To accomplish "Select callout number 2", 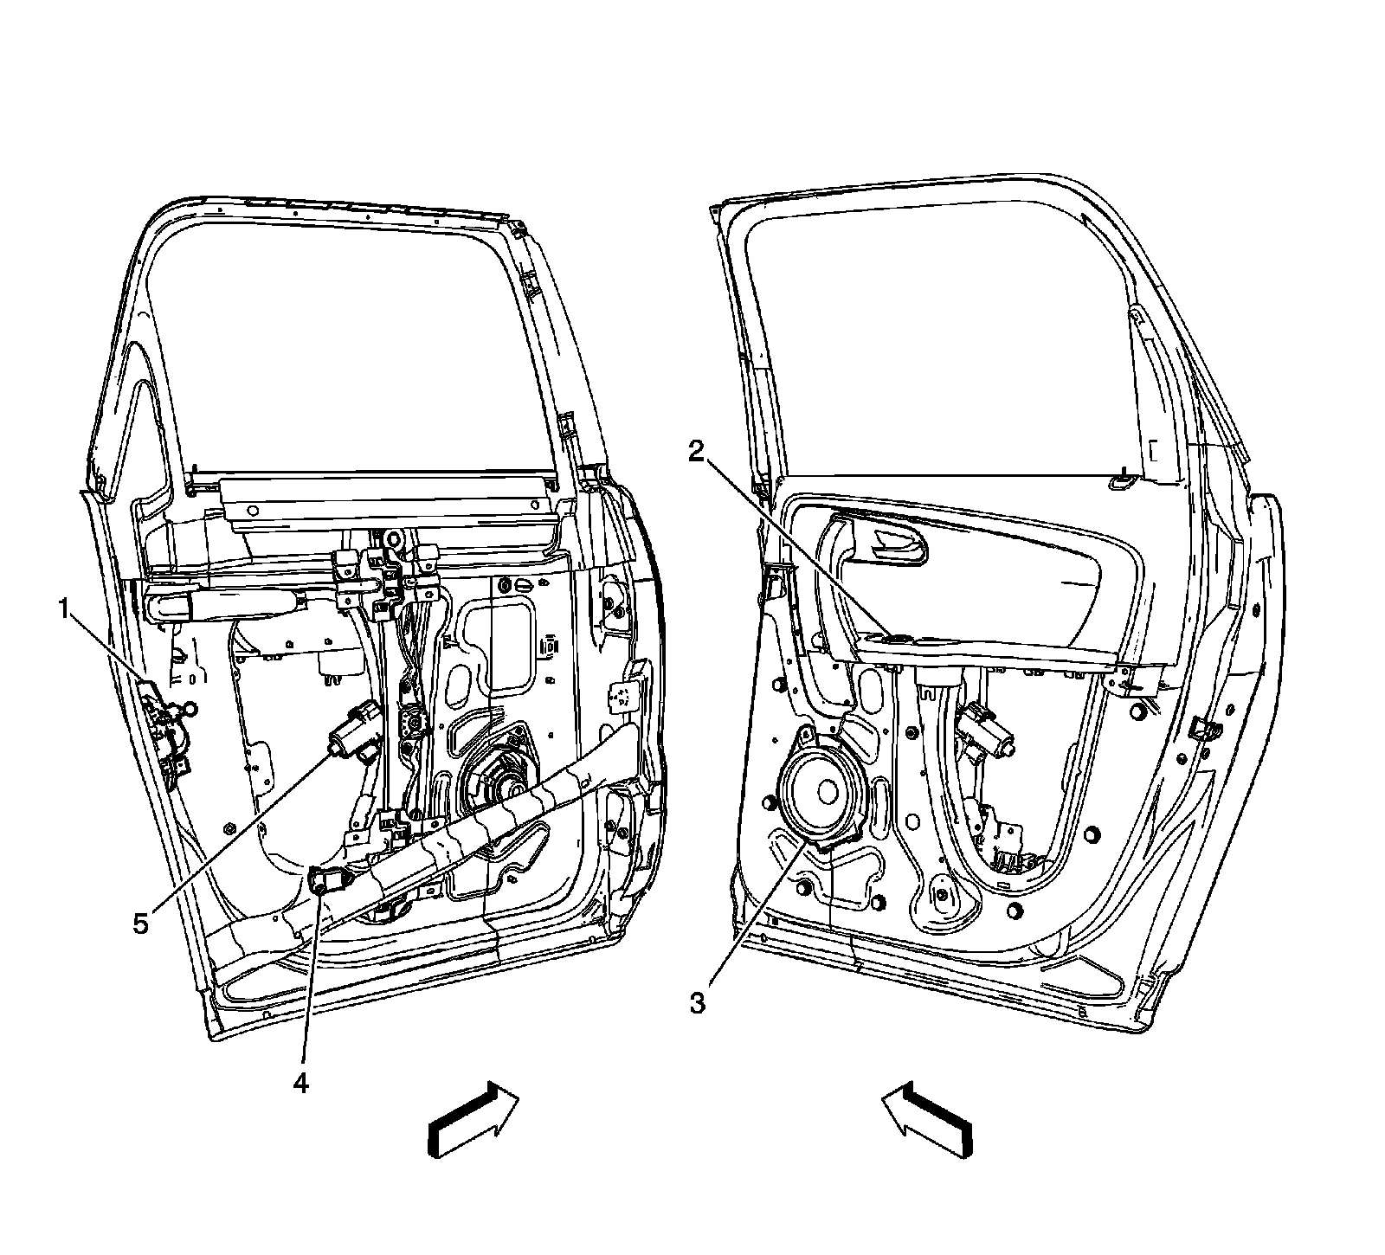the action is pos(697,452).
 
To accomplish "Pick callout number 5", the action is pos(140,924).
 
